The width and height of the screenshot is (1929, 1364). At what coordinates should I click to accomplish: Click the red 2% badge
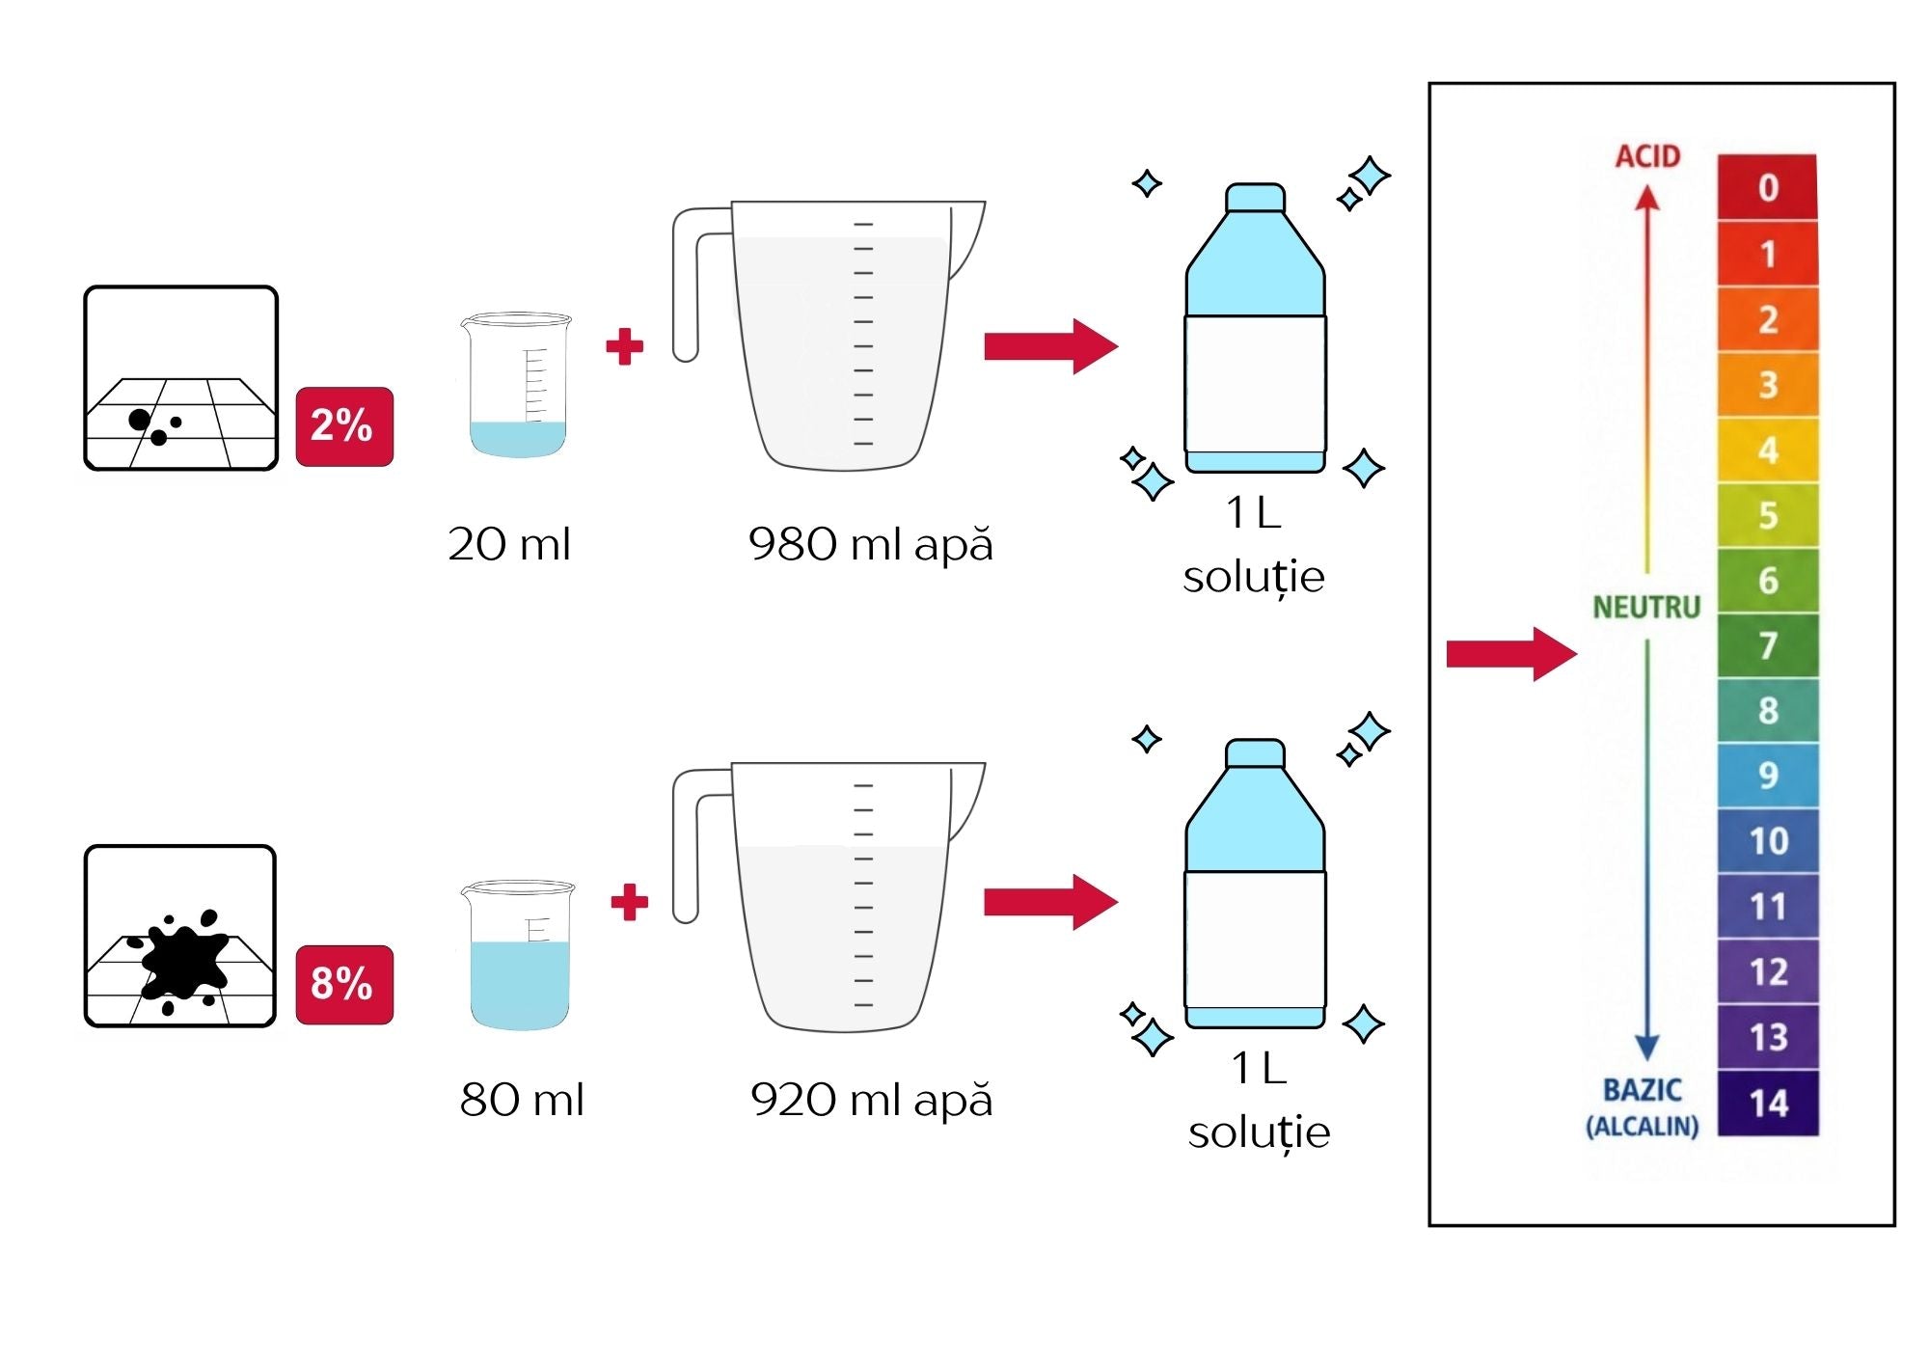point(344,426)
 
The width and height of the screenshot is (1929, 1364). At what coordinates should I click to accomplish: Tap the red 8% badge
point(344,984)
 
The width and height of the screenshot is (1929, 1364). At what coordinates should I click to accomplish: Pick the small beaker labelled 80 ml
point(519,955)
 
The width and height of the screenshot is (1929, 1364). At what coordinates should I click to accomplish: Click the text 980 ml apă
point(870,544)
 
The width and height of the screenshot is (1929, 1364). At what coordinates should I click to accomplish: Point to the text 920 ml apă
point(871,1100)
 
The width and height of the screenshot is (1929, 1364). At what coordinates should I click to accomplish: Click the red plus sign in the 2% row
point(625,347)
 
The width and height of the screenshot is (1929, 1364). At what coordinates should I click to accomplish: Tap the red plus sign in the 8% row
point(630,902)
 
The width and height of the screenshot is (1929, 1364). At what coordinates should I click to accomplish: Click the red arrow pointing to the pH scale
point(1511,654)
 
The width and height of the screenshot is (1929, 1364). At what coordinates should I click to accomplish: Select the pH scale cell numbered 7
point(1768,645)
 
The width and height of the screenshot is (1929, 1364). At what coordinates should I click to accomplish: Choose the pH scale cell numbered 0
point(1768,187)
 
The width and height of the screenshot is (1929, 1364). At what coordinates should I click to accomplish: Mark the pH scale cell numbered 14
point(1768,1103)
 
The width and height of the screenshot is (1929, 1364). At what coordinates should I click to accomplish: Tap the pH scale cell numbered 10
point(1768,841)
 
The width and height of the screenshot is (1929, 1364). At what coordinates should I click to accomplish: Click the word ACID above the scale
point(1648,156)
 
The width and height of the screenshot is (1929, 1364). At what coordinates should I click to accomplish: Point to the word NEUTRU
point(1646,607)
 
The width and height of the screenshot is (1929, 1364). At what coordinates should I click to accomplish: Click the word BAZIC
point(1643,1090)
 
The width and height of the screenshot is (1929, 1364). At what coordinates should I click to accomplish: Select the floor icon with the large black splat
point(180,937)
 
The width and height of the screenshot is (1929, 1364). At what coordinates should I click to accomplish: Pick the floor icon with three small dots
point(181,378)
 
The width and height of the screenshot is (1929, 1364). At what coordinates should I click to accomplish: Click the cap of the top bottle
point(1255,198)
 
